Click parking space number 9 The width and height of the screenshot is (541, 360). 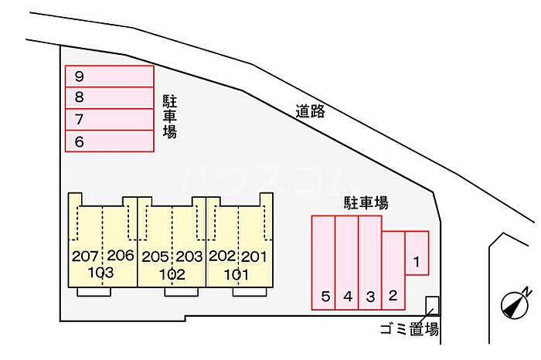coord(110,76)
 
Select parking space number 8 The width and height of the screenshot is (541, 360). coord(110,98)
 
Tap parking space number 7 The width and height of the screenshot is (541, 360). coord(110,119)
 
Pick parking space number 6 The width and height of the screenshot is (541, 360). coord(110,141)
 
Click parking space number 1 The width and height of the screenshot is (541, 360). coord(417,253)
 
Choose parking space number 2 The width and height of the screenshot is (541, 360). coord(393,270)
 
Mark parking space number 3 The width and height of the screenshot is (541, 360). coord(370,263)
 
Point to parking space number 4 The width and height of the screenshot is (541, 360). coord(347,263)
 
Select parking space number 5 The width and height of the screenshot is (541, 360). coord(324,263)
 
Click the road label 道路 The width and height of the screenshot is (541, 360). coord(310,111)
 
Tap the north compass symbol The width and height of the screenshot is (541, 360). coord(515,304)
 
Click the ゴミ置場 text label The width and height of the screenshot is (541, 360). coord(410,329)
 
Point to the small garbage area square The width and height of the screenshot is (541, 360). coord(432,305)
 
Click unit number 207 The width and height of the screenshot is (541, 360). coord(85,256)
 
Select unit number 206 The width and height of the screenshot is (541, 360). coord(121,256)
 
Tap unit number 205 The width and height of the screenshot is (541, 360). coord(155,257)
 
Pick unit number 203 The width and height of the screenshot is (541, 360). coord(189,256)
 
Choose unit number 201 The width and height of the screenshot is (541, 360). coord(254,256)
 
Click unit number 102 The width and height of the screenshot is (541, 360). coord(172,274)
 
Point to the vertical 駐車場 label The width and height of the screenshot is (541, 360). coord(170,117)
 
